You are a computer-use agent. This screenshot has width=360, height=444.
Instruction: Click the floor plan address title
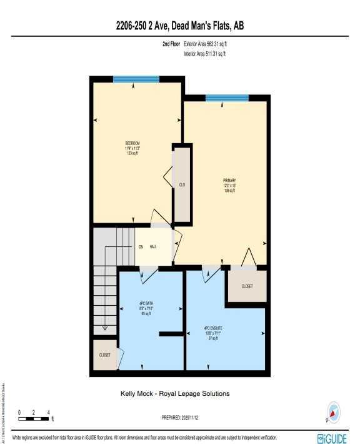click(x=180, y=26)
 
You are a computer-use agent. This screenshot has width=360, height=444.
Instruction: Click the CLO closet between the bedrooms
click(x=182, y=185)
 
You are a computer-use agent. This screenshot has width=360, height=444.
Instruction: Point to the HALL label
click(x=153, y=246)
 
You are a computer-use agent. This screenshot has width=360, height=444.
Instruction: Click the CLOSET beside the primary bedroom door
click(x=247, y=286)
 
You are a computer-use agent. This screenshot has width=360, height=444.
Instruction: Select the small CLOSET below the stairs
click(x=105, y=355)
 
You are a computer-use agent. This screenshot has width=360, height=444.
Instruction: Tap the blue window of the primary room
click(x=227, y=98)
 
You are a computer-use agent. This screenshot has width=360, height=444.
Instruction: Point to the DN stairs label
click(x=141, y=246)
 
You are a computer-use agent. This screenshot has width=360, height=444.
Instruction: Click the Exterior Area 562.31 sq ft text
click(x=210, y=44)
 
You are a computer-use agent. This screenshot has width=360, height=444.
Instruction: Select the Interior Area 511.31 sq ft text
click(x=205, y=54)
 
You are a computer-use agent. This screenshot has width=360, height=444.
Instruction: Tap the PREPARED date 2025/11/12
click(x=180, y=416)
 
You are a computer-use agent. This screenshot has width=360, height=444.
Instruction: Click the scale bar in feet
click(x=34, y=417)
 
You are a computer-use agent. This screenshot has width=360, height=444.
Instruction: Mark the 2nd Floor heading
click(x=170, y=44)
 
